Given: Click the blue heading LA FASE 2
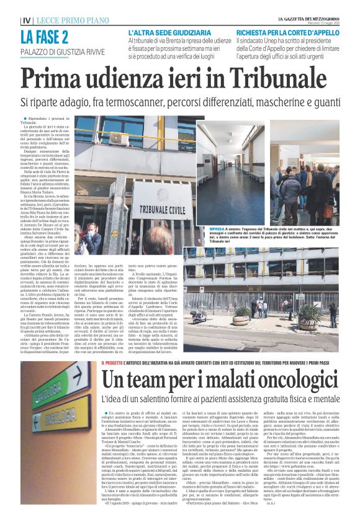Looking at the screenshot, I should click(x=44, y=37).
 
